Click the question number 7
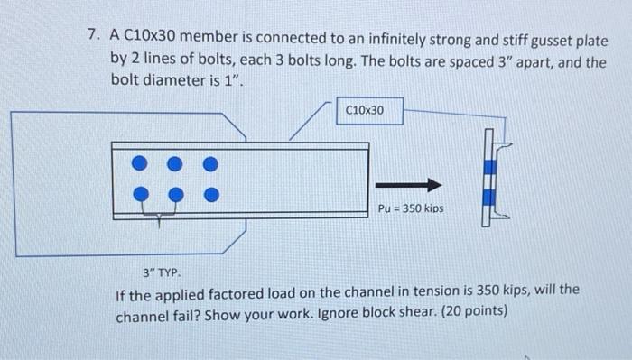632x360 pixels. [92, 37]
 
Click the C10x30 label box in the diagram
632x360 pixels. [365, 110]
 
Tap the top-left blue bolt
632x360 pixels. [139, 163]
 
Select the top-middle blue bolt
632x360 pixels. [176, 163]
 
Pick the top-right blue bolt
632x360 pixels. [210, 163]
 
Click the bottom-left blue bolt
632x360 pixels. [139, 193]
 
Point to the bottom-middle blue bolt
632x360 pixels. [176, 193]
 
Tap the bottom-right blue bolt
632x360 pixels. [210, 193]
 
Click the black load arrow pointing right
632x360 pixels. [421, 185]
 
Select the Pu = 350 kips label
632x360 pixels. [412, 208]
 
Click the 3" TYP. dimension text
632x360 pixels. [163, 272]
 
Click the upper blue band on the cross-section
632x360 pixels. [490, 166]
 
